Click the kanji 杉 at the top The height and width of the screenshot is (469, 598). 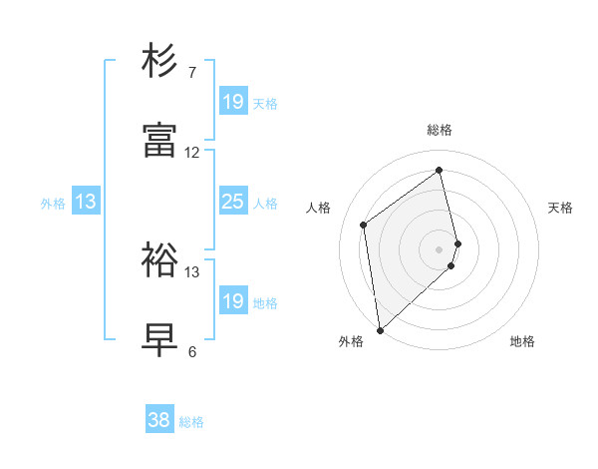click(160, 61)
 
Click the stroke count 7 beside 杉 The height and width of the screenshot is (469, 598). click(192, 72)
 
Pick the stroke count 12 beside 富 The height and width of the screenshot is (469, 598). click(192, 153)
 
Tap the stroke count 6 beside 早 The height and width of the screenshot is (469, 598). click(192, 352)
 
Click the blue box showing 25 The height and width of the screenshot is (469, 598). click(232, 202)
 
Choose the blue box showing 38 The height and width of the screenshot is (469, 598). click(158, 420)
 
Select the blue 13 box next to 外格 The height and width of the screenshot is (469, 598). click(86, 202)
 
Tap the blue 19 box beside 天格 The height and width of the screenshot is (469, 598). click(232, 102)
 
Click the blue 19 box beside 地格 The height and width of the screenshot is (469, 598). click(232, 301)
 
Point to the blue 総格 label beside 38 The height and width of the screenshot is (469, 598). click(191, 422)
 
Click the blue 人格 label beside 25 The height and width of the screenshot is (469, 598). click(265, 204)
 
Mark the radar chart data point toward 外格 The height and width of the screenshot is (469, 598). click(379, 329)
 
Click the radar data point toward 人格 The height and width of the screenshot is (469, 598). click(364, 225)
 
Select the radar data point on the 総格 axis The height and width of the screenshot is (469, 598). click(440, 170)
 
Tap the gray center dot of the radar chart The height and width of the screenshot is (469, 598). click(440, 248)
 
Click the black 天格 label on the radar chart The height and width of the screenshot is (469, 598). click(560, 208)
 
